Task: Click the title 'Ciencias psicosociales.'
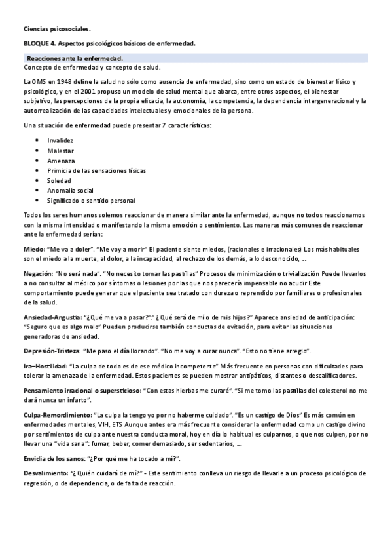(57, 29)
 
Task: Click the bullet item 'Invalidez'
(60, 140)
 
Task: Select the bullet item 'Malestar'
(60, 150)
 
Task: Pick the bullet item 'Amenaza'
(60, 160)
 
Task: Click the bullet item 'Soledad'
(59, 180)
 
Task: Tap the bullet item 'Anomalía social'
(70, 190)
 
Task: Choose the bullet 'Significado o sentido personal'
(91, 200)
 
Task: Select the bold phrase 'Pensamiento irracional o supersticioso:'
(82, 390)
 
